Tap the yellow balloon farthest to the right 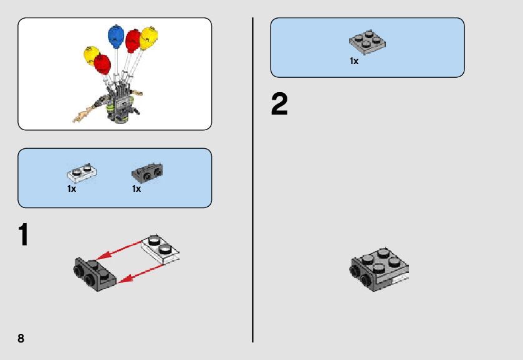tap(148, 37)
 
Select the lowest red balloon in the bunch tap(102, 64)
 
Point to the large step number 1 tap(23, 235)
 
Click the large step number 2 tap(279, 105)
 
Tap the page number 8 tap(21, 338)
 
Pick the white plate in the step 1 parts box tap(80, 172)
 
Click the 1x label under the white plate tap(71, 189)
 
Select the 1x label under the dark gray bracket tap(137, 189)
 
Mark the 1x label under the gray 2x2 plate tap(354, 61)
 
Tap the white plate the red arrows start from tap(160, 249)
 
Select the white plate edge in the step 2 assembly tap(400, 280)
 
